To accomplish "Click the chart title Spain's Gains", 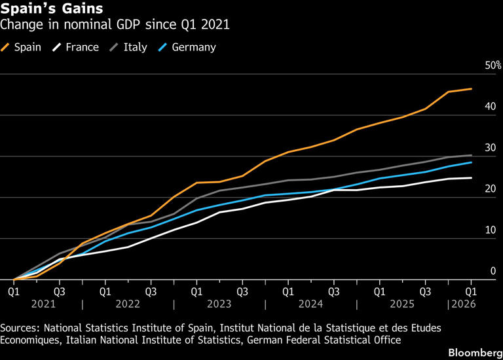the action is (x=52, y=9).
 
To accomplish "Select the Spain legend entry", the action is (x=21, y=47).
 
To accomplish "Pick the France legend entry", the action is (x=76, y=47).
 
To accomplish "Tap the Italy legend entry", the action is (x=128, y=47).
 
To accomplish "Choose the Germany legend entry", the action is (x=187, y=47).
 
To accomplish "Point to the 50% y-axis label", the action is (x=493, y=65).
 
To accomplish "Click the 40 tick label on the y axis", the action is (x=491, y=107).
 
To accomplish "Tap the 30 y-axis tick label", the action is (x=491, y=148).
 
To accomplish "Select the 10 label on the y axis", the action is (x=491, y=230).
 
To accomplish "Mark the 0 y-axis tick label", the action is (x=493, y=271).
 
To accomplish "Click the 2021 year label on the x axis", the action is (x=43, y=304).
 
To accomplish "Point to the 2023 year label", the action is (x=219, y=304).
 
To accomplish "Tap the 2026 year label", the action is (x=464, y=304).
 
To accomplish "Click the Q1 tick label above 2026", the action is (x=471, y=292).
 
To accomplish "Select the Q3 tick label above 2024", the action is (x=333, y=292).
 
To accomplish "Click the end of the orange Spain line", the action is (x=472, y=89).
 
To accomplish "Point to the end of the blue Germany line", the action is (x=472, y=162).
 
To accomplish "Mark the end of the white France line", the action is (x=472, y=178).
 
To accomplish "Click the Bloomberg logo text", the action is (x=475, y=353).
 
